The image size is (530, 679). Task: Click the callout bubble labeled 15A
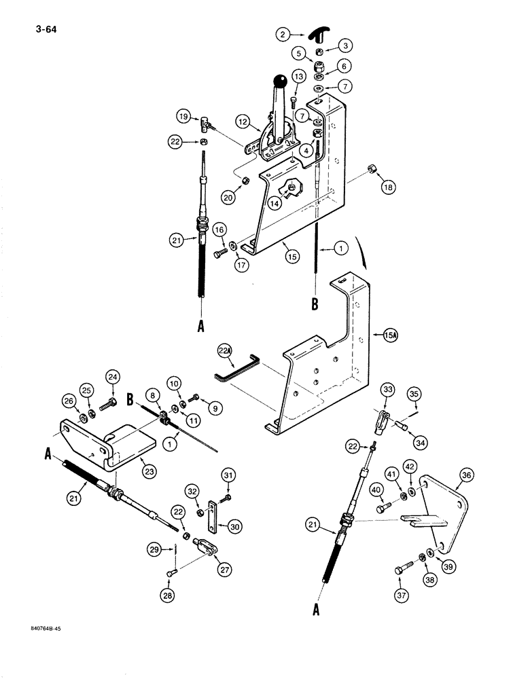389,334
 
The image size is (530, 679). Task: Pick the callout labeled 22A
225,350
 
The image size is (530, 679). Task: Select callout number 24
113,377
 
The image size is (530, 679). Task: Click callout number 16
220,231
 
